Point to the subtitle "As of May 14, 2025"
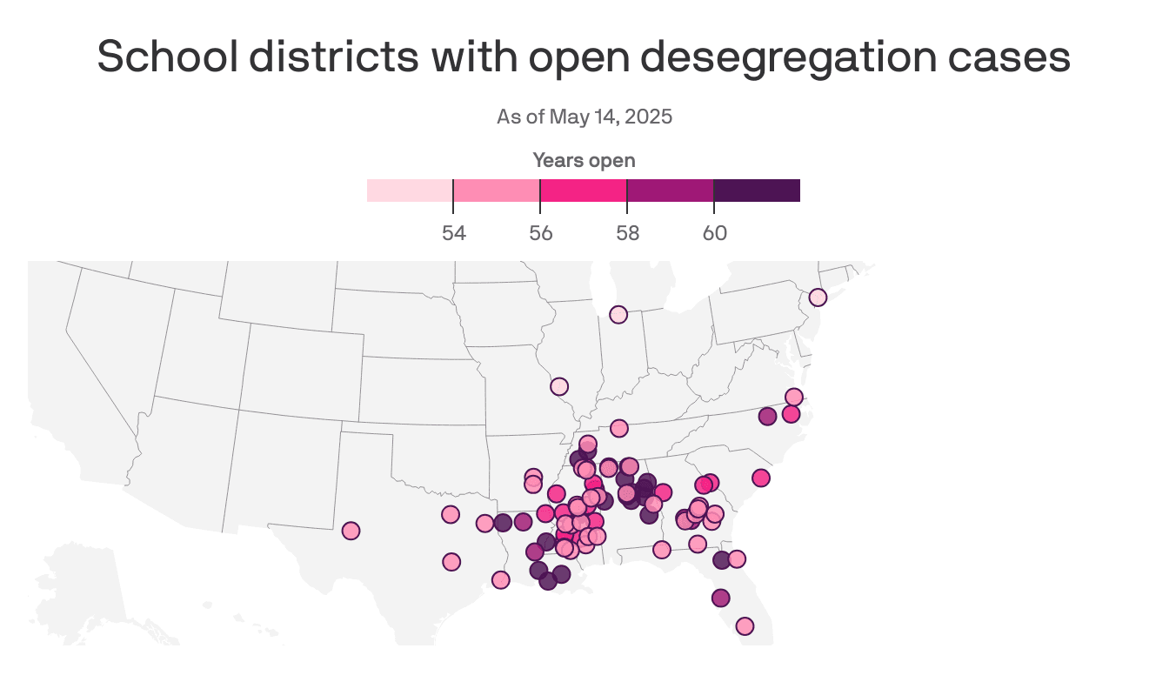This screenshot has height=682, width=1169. pyautogui.click(x=584, y=117)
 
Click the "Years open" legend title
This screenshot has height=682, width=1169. pyautogui.click(x=584, y=160)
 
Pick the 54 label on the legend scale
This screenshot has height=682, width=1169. pyautogui.click(x=453, y=233)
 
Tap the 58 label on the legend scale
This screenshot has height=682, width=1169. pyautogui.click(x=627, y=233)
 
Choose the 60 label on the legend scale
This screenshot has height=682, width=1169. pyautogui.click(x=714, y=233)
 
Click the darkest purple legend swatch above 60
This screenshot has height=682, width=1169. pyautogui.click(x=757, y=191)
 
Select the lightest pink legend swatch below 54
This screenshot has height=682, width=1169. pyautogui.click(x=410, y=191)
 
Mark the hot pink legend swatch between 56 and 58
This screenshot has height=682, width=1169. pyautogui.click(x=584, y=191)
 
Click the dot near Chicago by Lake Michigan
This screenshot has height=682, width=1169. pyautogui.click(x=618, y=315)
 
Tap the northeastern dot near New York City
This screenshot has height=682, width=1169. pyautogui.click(x=818, y=298)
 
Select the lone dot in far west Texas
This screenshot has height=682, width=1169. pyautogui.click(x=351, y=531)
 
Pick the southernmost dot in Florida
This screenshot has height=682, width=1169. pyautogui.click(x=745, y=626)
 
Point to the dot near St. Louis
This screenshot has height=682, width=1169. pyautogui.click(x=559, y=386)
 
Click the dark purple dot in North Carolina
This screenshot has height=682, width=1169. pyautogui.click(x=767, y=416)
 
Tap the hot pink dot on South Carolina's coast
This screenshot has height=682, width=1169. pyautogui.click(x=761, y=478)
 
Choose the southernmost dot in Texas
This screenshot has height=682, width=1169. pyautogui.click(x=500, y=579)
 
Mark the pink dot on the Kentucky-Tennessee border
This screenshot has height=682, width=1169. pyautogui.click(x=619, y=428)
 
